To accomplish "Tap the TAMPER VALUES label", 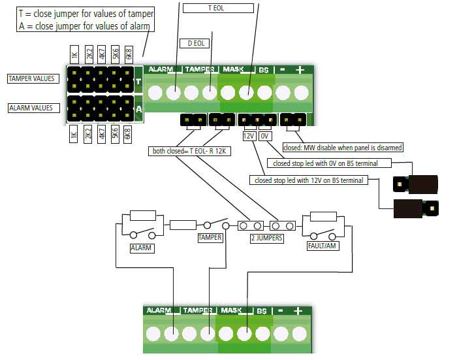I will tap(31, 78).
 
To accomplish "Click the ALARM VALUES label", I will tap(31, 108).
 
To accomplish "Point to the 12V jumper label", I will tap(249, 137).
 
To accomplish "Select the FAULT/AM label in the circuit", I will tap(323, 246).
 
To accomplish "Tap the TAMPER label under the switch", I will tap(210, 238).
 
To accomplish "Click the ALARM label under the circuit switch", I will tap(142, 248).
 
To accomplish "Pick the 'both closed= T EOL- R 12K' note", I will tap(189, 152).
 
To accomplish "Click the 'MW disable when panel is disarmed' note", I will tap(343, 148).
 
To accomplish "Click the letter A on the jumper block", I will tap(138, 109).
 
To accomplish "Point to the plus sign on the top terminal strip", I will tap(300, 69).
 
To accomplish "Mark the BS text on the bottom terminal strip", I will tap(261, 311).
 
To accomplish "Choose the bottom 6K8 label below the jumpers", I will tap(128, 135).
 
